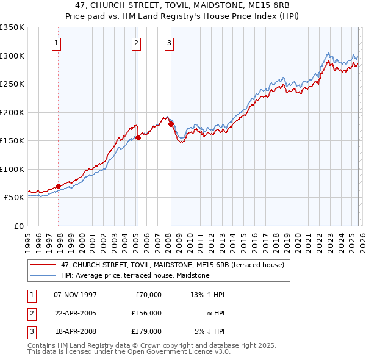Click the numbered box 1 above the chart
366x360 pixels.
click(56, 43)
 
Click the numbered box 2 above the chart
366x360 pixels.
click(135, 43)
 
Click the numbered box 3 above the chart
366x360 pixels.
click(168, 43)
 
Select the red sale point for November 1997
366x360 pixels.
click(59, 186)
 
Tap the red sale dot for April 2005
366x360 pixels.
click(138, 137)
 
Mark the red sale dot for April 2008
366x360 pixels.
click(171, 124)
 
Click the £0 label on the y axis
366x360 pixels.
click(18, 226)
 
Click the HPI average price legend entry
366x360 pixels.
click(135, 275)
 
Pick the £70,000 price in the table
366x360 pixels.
click(148, 295)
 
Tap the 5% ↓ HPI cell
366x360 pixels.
click(209, 331)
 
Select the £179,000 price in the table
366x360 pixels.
click(146, 331)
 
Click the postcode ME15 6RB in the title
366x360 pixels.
click(256, 5)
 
